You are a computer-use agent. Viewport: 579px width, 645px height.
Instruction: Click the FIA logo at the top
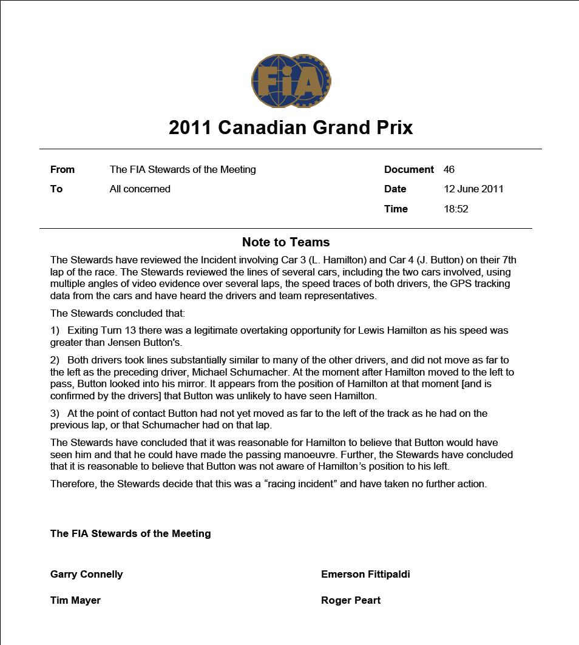291,81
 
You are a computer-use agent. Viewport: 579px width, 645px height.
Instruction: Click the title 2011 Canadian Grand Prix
291,127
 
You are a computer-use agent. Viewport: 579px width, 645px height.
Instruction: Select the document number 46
449,169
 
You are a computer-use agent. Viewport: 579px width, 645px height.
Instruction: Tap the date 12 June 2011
473,189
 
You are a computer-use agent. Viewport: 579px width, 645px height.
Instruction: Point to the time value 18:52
456,209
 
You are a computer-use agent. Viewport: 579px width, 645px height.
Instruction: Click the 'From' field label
63,169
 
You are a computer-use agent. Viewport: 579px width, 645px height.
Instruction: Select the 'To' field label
56,189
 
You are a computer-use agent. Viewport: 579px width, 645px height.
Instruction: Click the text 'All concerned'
140,189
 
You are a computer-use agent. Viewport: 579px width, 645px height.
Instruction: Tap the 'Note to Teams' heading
286,242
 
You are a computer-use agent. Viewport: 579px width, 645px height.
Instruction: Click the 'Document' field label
408,169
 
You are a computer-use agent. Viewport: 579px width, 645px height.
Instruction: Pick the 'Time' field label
396,209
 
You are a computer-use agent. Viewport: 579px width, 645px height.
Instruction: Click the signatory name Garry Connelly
87,574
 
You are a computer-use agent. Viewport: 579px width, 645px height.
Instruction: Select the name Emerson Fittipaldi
365,574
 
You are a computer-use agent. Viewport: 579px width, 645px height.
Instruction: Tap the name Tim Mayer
75,600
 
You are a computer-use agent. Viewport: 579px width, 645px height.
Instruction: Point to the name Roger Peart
351,600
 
